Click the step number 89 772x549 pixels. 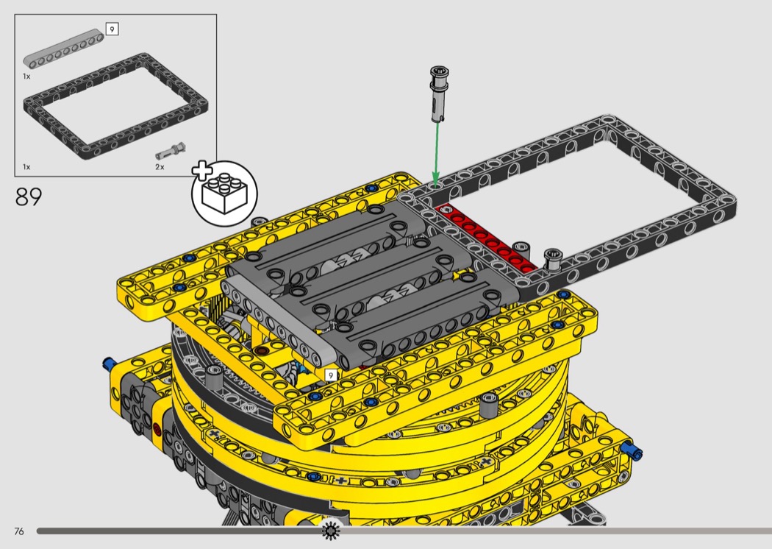[29, 196]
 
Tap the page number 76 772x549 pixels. [18, 531]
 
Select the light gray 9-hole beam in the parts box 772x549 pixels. [63, 49]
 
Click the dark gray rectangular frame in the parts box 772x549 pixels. [115, 106]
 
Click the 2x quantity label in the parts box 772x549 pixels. [160, 167]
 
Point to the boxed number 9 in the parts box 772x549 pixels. [112, 29]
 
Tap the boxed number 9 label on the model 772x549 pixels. [331, 375]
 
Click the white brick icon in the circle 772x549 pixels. [224, 193]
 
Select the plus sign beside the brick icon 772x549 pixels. [202, 169]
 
